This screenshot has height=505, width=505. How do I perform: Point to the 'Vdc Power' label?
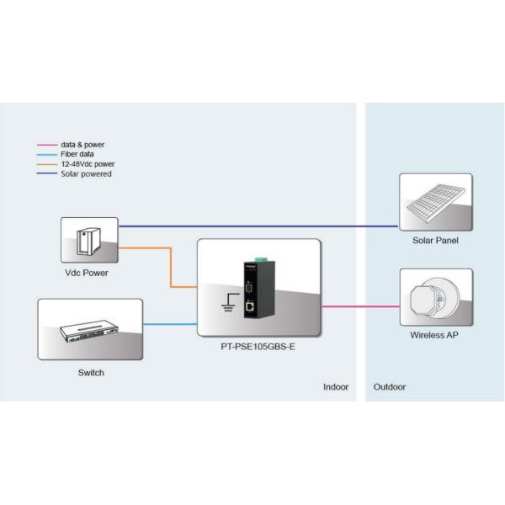(x=88, y=274)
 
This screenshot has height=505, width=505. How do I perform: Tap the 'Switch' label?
(x=90, y=372)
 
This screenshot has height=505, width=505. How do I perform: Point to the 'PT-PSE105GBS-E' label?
(x=258, y=346)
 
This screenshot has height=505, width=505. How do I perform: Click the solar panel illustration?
(x=435, y=201)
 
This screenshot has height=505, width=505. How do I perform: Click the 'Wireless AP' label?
(x=435, y=335)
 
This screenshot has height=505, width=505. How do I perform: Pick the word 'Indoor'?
(x=336, y=388)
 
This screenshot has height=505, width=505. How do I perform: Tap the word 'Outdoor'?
(x=389, y=388)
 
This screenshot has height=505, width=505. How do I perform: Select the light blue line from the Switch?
(x=169, y=323)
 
